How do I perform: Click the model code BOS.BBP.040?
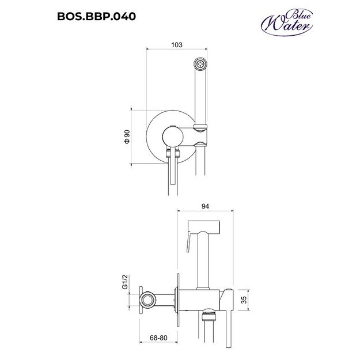[96, 16]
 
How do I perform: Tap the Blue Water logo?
[287, 22]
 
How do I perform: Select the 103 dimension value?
[177, 45]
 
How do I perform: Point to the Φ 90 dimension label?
[127, 137]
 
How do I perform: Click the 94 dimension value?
[205, 206]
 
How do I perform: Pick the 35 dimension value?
[244, 300]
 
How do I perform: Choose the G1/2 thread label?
[125, 282]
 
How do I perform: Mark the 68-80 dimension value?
[158, 338]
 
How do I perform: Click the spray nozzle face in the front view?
[200, 63]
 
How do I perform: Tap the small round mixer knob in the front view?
[173, 137]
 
